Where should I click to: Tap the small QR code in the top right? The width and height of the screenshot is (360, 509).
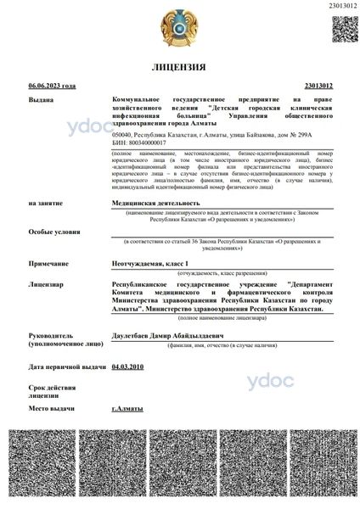tap(344, 27)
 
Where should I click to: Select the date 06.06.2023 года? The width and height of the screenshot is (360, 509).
tap(52, 86)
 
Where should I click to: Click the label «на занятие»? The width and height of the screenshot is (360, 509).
tap(45, 204)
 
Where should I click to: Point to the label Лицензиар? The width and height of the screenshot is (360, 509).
tap(45, 284)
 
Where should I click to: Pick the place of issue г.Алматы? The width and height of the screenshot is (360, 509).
tap(127, 408)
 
